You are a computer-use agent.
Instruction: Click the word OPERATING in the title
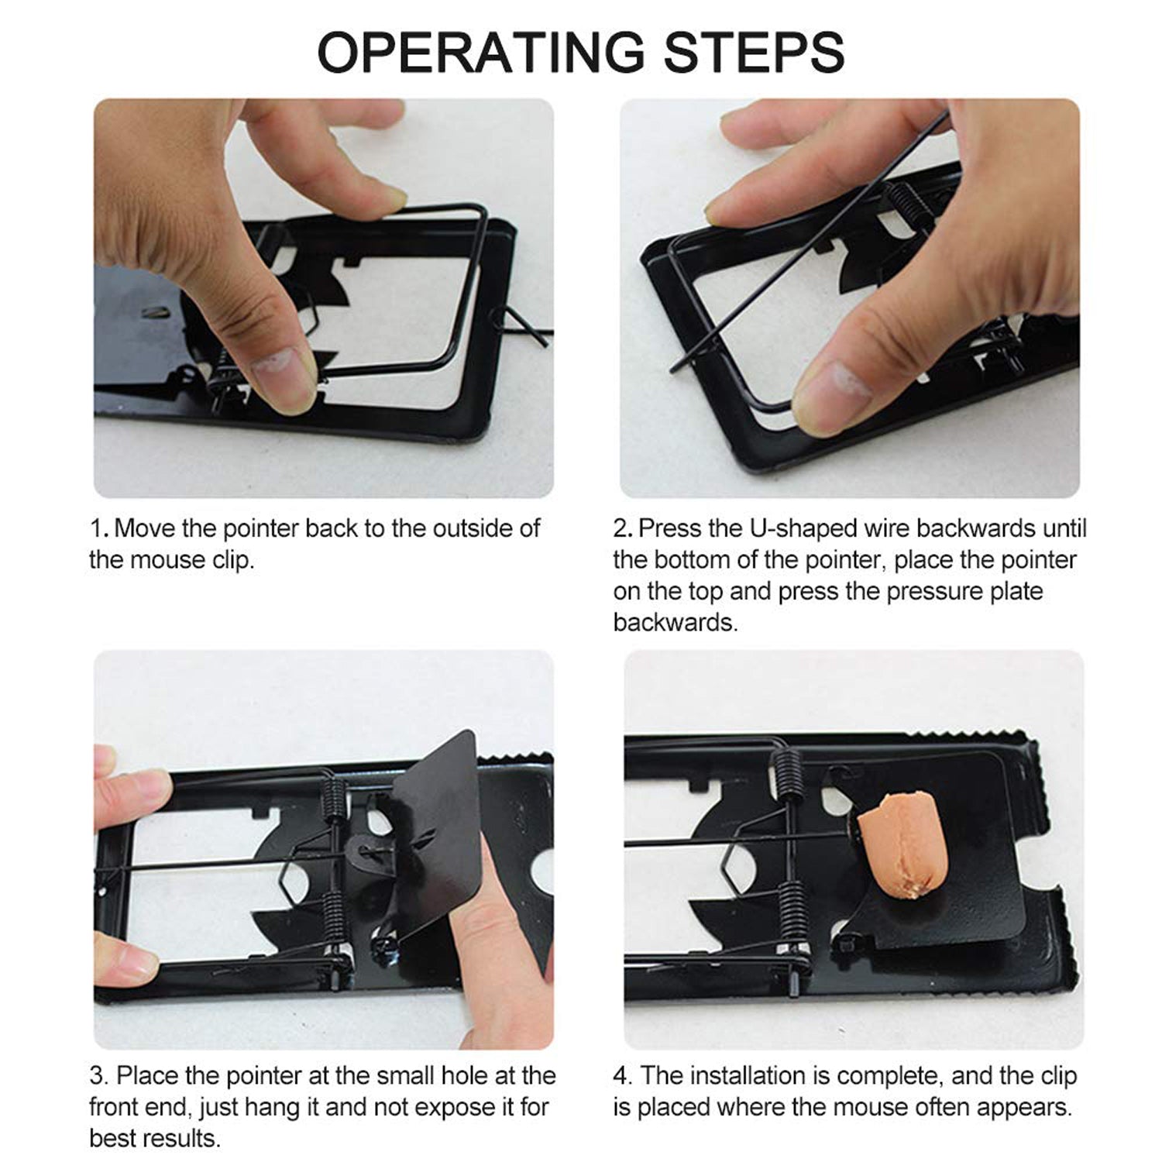(x=480, y=53)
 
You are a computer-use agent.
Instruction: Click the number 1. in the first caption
(x=99, y=529)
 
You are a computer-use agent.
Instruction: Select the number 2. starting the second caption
(x=623, y=529)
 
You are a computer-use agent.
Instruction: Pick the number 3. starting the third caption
(x=99, y=1076)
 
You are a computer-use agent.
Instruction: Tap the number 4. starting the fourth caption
(x=623, y=1076)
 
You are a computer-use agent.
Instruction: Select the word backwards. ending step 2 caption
(x=675, y=623)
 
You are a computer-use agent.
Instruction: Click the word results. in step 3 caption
(x=183, y=1139)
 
